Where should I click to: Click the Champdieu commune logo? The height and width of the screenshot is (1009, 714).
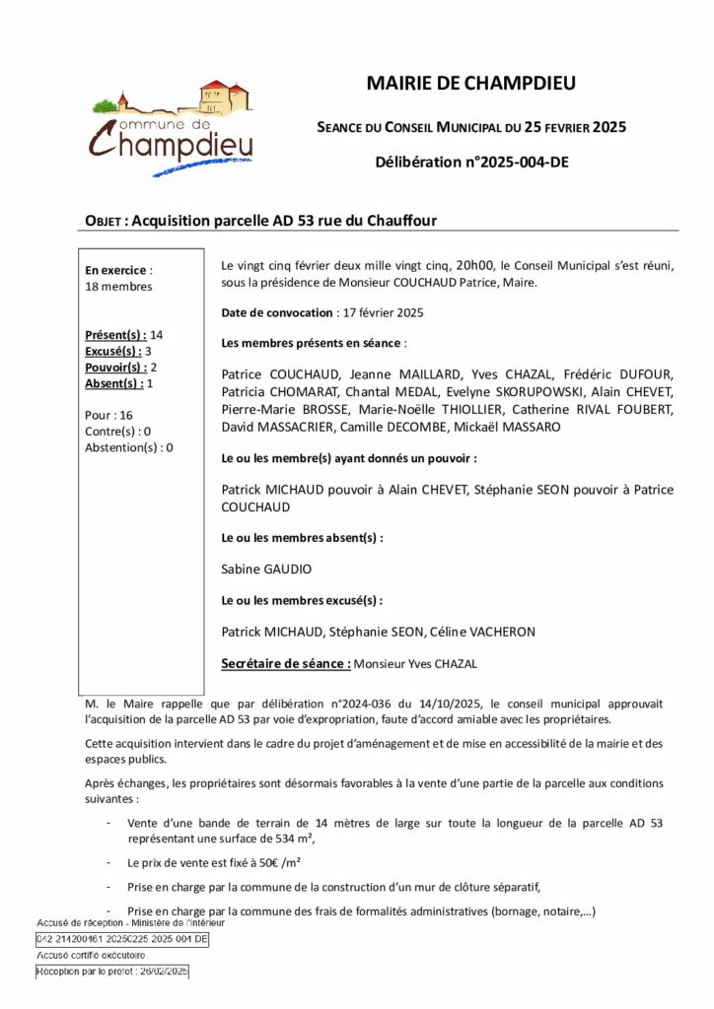pyautogui.click(x=172, y=127)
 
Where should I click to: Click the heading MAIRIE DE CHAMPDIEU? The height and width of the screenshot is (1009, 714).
pyautogui.click(x=470, y=84)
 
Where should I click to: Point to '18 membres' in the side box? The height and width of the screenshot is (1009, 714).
pyautogui.click(x=119, y=287)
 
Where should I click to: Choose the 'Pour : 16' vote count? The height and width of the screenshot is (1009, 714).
pyautogui.click(x=109, y=415)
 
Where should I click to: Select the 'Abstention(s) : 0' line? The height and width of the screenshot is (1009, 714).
pyautogui.click(x=129, y=447)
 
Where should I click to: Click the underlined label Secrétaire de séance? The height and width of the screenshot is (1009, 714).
pyautogui.click(x=286, y=664)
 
